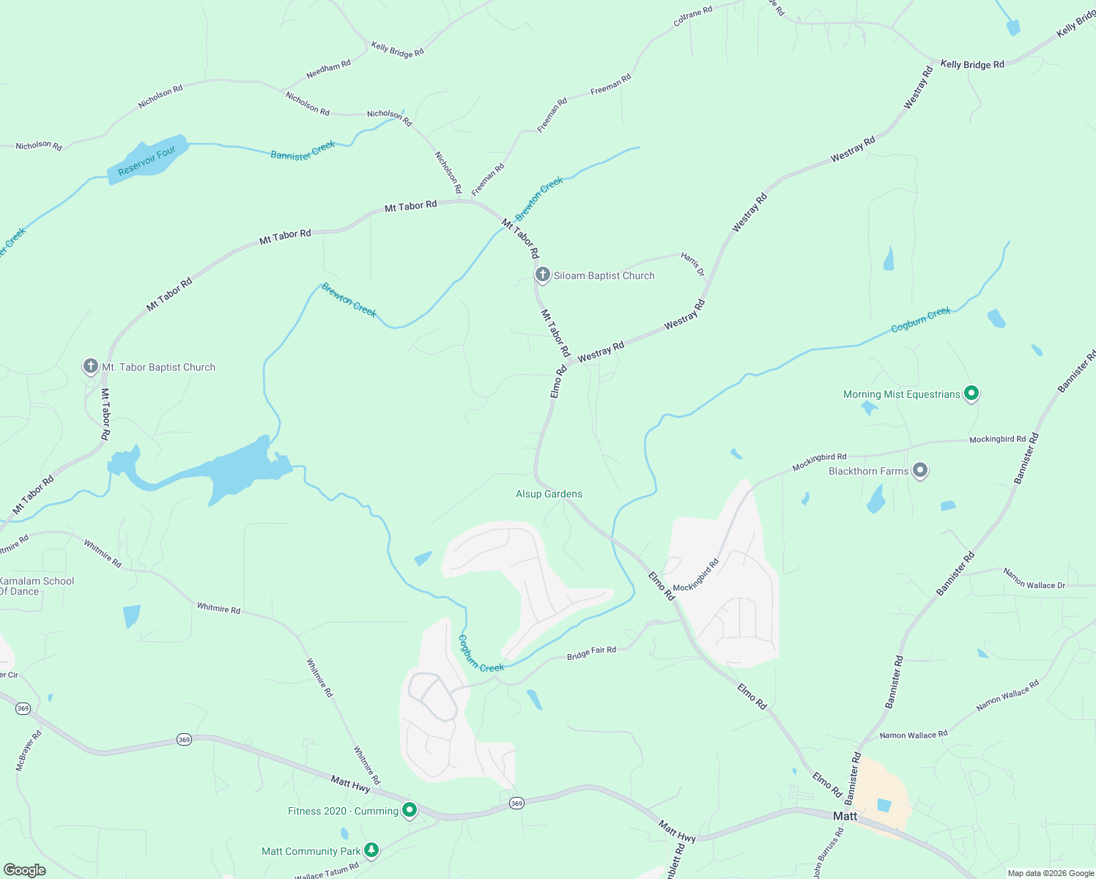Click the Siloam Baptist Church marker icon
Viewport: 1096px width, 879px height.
(x=542, y=275)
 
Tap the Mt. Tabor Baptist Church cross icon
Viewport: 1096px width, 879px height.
(x=90, y=366)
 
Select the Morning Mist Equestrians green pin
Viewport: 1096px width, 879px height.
(x=971, y=394)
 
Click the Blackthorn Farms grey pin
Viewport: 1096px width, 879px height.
(x=920, y=471)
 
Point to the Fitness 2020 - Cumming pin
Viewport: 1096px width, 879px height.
(x=410, y=810)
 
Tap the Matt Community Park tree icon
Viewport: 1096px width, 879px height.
(x=371, y=850)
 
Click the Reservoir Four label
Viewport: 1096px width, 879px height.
(x=147, y=160)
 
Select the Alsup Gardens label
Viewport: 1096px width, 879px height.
(x=549, y=494)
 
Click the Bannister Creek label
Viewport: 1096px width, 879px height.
(x=303, y=150)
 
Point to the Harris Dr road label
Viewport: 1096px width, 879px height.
(x=692, y=264)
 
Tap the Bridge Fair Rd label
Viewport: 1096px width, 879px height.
(x=591, y=653)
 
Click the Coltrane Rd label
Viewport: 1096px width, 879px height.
(x=692, y=17)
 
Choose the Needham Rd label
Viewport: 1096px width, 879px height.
(x=328, y=69)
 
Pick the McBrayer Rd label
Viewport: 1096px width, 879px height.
(x=29, y=750)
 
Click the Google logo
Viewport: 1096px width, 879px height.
(x=25, y=869)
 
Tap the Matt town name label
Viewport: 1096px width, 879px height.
(x=845, y=816)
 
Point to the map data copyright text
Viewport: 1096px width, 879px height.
(x=1051, y=873)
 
